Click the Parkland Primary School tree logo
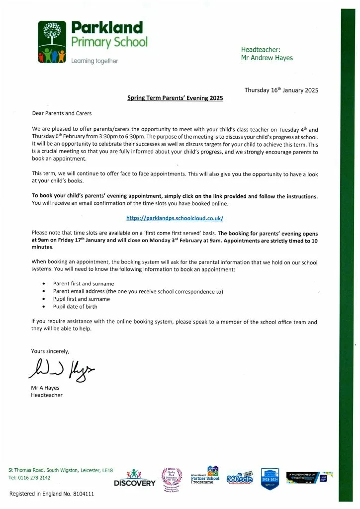coord(53,42)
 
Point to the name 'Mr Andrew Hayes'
coord(267,58)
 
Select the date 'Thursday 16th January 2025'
coord(281,90)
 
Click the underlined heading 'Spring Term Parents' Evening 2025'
coord(175,98)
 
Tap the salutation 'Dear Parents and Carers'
coord(62,114)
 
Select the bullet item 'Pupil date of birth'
coord(75,307)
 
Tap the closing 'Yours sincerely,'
coord(50,351)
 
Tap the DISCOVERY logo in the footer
coord(135,479)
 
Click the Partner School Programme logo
coord(205,476)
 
